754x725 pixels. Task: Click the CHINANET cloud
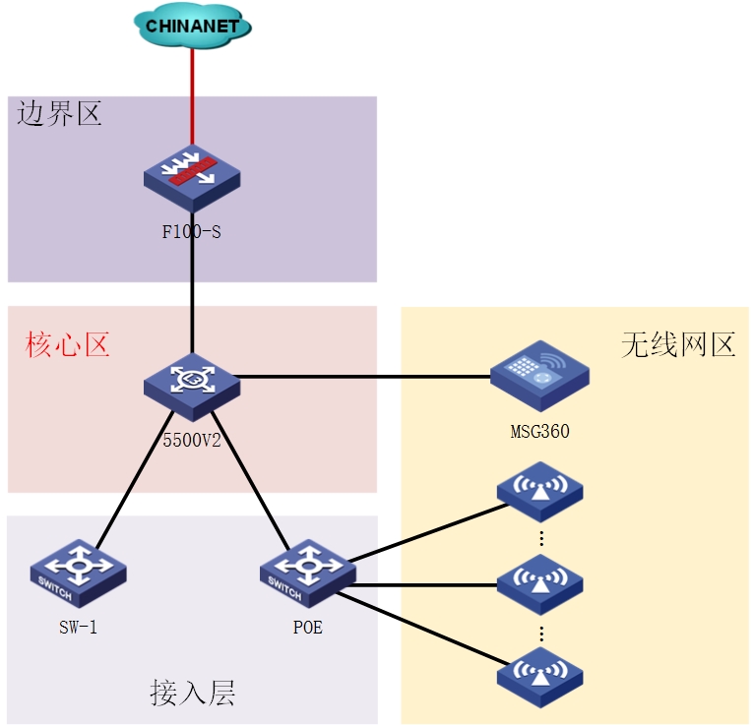point(192,26)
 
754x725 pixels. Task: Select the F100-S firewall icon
point(192,177)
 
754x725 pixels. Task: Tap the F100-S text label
point(192,232)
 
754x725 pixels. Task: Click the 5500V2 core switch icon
point(192,383)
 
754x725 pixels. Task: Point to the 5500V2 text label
point(192,440)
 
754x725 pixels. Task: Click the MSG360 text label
point(539,430)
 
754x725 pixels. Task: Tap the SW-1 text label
point(78,627)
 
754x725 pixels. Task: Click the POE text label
point(307,627)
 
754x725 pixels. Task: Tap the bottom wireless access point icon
point(539,675)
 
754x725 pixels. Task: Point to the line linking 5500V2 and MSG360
point(364,376)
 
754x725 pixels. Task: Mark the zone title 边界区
point(59,114)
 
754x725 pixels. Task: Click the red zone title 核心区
point(67,344)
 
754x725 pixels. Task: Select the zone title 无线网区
point(678,344)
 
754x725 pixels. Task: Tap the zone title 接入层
point(193,694)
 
